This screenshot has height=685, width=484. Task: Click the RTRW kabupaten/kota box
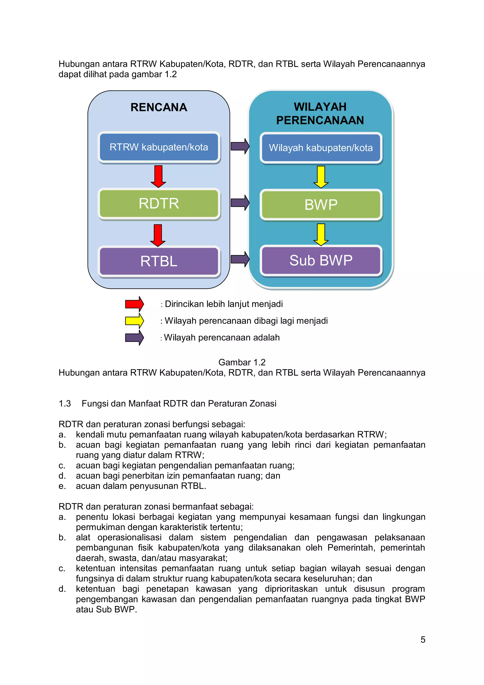[159, 147]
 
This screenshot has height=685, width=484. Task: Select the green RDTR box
[159, 204]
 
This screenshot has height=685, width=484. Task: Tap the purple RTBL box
[159, 261]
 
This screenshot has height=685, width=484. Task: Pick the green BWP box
[321, 205]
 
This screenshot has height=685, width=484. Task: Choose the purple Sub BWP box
[321, 260]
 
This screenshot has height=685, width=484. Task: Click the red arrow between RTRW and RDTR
[158, 176]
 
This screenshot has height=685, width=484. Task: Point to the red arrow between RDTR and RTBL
[158, 235]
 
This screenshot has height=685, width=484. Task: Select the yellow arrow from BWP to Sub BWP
[321, 234]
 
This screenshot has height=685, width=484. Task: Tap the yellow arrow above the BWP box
[321, 177]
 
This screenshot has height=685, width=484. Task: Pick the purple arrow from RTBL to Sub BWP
[240, 259]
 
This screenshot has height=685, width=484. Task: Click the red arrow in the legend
[134, 304]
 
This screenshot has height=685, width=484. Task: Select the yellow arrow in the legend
[134, 321]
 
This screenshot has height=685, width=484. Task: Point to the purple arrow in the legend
[134, 338]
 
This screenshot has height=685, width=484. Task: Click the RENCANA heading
[159, 107]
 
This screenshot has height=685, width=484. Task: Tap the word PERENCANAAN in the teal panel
[320, 120]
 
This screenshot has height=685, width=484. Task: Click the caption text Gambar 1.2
[242, 362]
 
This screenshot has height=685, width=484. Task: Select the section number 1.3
[65, 404]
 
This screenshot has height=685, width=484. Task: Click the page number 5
[423, 639]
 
